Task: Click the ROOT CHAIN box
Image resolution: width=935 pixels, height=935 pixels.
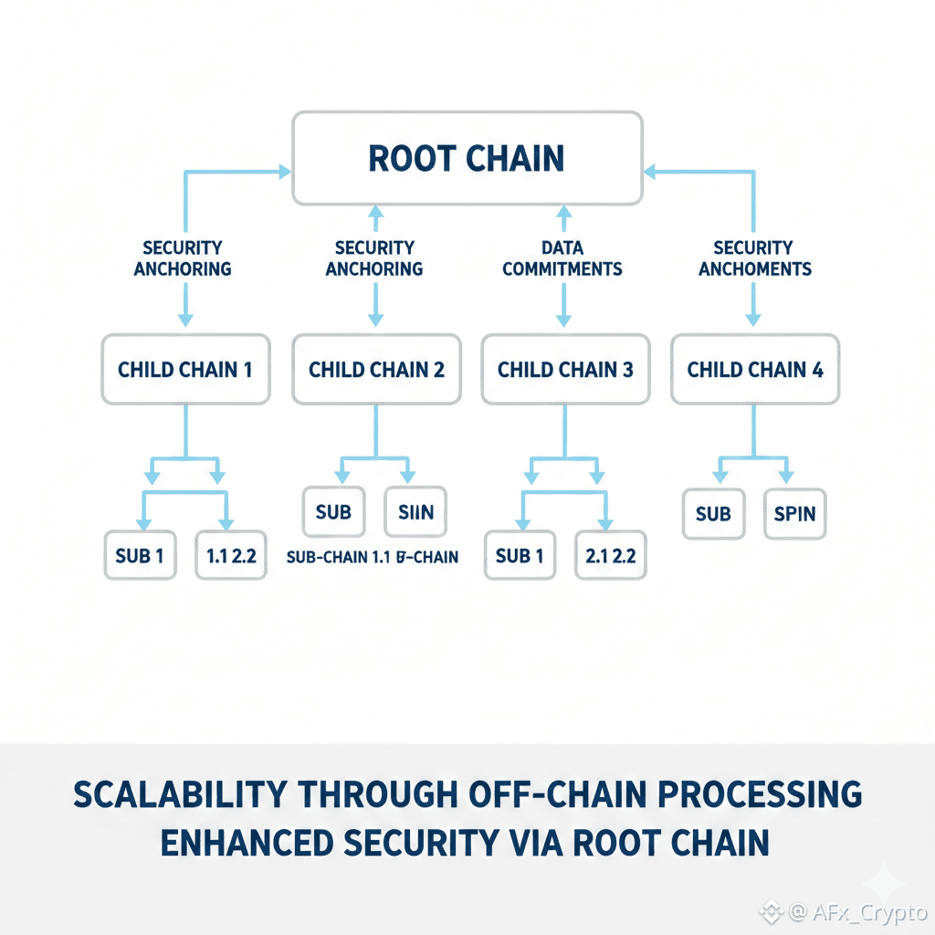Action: (x=467, y=158)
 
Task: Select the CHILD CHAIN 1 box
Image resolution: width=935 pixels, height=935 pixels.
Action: (x=185, y=370)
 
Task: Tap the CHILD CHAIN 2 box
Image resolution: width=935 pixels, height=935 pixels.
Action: (x=376, y=370)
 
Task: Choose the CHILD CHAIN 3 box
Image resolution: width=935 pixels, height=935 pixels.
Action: (x=565, y=370)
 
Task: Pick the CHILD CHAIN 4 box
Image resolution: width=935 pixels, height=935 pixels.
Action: (x=754, y=370)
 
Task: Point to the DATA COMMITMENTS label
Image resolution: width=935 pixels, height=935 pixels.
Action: (x=562, y=258)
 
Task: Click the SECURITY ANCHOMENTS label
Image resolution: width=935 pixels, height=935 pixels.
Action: (x=753, y=258)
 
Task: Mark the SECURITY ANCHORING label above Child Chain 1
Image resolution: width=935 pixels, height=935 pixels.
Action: (x=183, y=258)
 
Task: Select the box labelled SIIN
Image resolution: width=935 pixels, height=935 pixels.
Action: (x=415, y=512)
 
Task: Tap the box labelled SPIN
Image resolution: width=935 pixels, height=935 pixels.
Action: (x=793, y=514)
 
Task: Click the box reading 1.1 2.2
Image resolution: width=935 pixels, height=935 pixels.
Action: (x=231, y=554)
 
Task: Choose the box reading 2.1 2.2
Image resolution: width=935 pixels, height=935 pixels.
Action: (x=610, y=554)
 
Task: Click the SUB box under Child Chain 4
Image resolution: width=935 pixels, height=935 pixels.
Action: (x=713, y=514)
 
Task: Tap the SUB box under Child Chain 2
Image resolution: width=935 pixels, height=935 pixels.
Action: (x=333, y=512)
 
